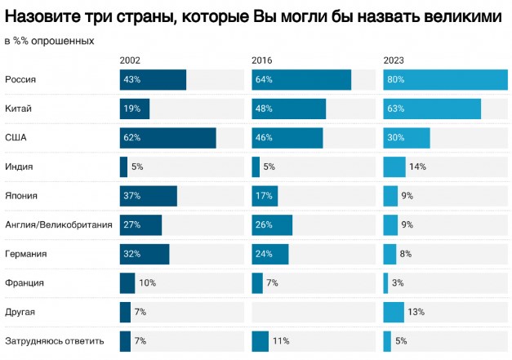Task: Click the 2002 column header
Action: coord(131,60)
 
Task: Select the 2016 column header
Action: coord(263,60)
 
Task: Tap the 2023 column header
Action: coord(394,60)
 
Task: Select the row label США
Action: coord(16,138)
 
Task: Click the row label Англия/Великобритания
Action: coord(58,224)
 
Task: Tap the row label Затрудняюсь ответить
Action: coord(55,340)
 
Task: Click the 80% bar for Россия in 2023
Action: coord(445,80)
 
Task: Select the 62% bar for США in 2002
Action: coord(167,138)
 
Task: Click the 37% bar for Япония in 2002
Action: coord(148,196)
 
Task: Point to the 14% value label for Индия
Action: coord(417,167)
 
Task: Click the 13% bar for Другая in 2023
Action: coord(394,312)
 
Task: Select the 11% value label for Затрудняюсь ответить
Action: coord(282,340)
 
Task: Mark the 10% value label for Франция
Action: coord(147,282)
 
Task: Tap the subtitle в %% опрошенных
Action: coord(49,40)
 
